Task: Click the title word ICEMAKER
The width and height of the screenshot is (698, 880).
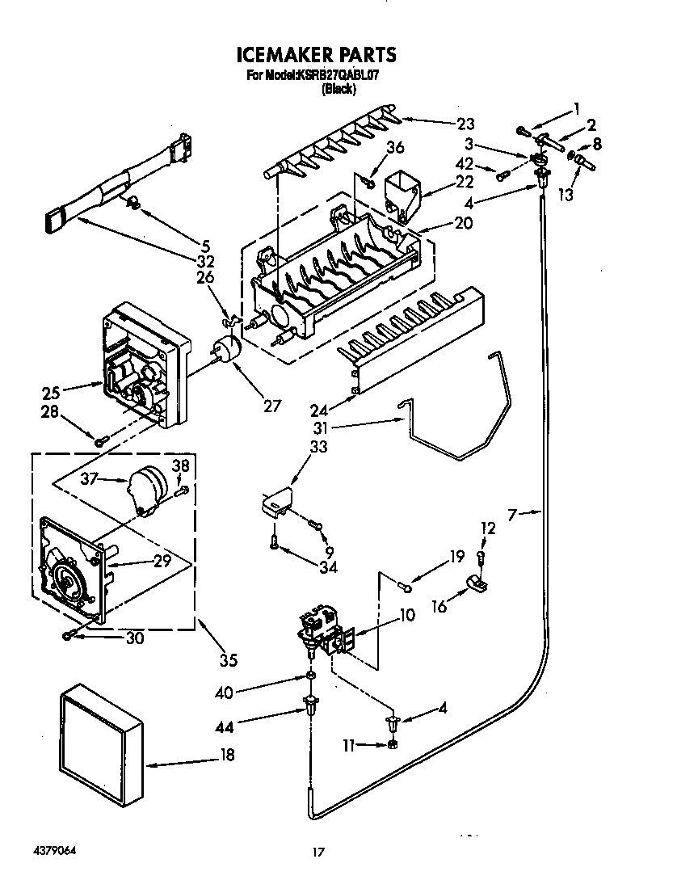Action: pyautogui.click(x=279, y=55)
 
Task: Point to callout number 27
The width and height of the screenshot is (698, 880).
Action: pyautogui.click(x=272, y=406)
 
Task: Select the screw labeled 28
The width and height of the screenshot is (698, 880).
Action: pyautogui.click(x=101, y=440)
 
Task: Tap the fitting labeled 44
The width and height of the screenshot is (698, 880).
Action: pyautogui.click(x=310, y=705)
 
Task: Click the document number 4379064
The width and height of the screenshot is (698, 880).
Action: pyautogui.click(x=56, y=852)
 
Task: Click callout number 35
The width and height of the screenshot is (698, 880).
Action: pyautogui.click(x=229, y=660)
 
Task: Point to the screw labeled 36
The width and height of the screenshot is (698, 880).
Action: pyautogui.click(x=370, y=183)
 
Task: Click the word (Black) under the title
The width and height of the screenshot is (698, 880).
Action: pyautogui.click(x=338, y=89)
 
